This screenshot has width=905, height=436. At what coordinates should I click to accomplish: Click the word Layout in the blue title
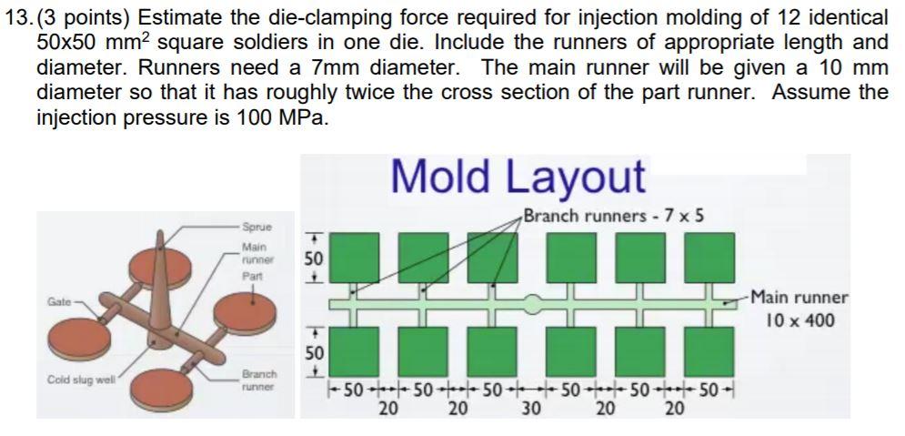coord(578,176)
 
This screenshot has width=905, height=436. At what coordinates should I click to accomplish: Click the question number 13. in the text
coord(17,17)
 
